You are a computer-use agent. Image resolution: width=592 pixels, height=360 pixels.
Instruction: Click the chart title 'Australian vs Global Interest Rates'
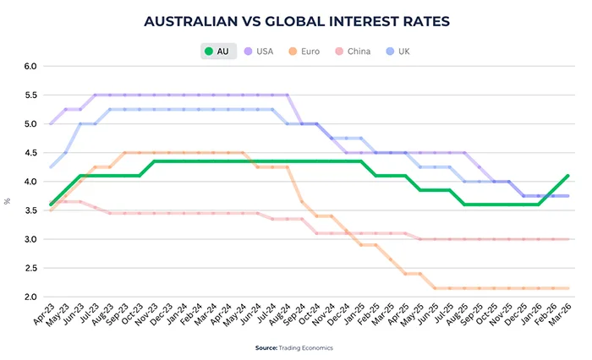pos(296,19)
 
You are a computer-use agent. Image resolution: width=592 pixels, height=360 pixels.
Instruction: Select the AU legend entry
pos(217,52)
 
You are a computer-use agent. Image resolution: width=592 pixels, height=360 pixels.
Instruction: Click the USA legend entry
pos(258,52)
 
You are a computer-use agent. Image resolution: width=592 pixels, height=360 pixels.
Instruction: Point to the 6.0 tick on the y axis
pos(30,66)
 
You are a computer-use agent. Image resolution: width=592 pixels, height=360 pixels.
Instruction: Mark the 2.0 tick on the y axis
pos(30,297)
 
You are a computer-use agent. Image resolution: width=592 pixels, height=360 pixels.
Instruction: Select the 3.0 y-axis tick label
pos(30,240)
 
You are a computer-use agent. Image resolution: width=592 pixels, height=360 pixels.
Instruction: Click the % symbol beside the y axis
pos(8,200)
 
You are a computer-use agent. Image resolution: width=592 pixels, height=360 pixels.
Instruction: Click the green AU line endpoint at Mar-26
pos(567,176)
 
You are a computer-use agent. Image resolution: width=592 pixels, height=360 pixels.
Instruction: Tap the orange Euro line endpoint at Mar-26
pos(567,288)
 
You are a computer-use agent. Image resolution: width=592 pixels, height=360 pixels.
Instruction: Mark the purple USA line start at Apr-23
pos(51,123)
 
